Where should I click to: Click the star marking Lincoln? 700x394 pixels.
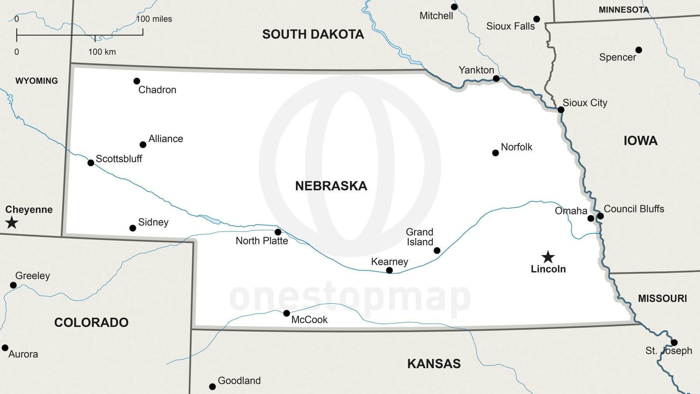(548, 257)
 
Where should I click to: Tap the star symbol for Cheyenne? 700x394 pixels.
(12, 223)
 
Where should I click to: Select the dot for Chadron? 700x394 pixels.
(136, 81)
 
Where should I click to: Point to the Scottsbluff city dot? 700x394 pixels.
(91, 163)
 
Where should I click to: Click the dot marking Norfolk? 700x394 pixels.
(495, 153)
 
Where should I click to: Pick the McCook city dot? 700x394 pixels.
(286, 313)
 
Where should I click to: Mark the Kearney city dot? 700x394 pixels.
(389, 270)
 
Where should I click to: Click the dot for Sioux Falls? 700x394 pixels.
(537, 19)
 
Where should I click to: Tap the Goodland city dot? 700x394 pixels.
(212, 387)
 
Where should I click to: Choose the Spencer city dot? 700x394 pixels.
(639, 50)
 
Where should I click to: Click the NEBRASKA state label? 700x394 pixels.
(331, 186)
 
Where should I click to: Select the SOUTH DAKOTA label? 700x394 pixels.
(313, 34)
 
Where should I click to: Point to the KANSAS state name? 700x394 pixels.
(434, 364)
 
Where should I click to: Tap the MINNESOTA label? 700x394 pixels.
(624, 10)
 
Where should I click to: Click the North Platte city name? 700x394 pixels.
(262, 241)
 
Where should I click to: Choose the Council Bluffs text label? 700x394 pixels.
(634, 209)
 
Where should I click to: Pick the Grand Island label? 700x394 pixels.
(420, 237)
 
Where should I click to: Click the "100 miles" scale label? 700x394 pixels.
(154, 19)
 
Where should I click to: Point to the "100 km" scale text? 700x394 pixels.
(102, 52)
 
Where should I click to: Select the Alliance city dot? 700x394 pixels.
(143, 145)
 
